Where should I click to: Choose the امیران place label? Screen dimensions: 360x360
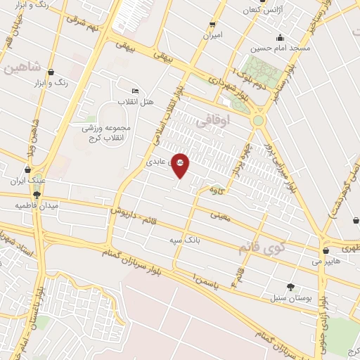[212, 34]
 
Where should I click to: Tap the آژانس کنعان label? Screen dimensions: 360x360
[256, 12]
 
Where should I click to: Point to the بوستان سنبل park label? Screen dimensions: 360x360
[290, 297]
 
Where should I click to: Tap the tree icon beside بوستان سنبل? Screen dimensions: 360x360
[290, 285]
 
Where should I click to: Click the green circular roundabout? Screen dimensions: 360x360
[258, 120]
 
